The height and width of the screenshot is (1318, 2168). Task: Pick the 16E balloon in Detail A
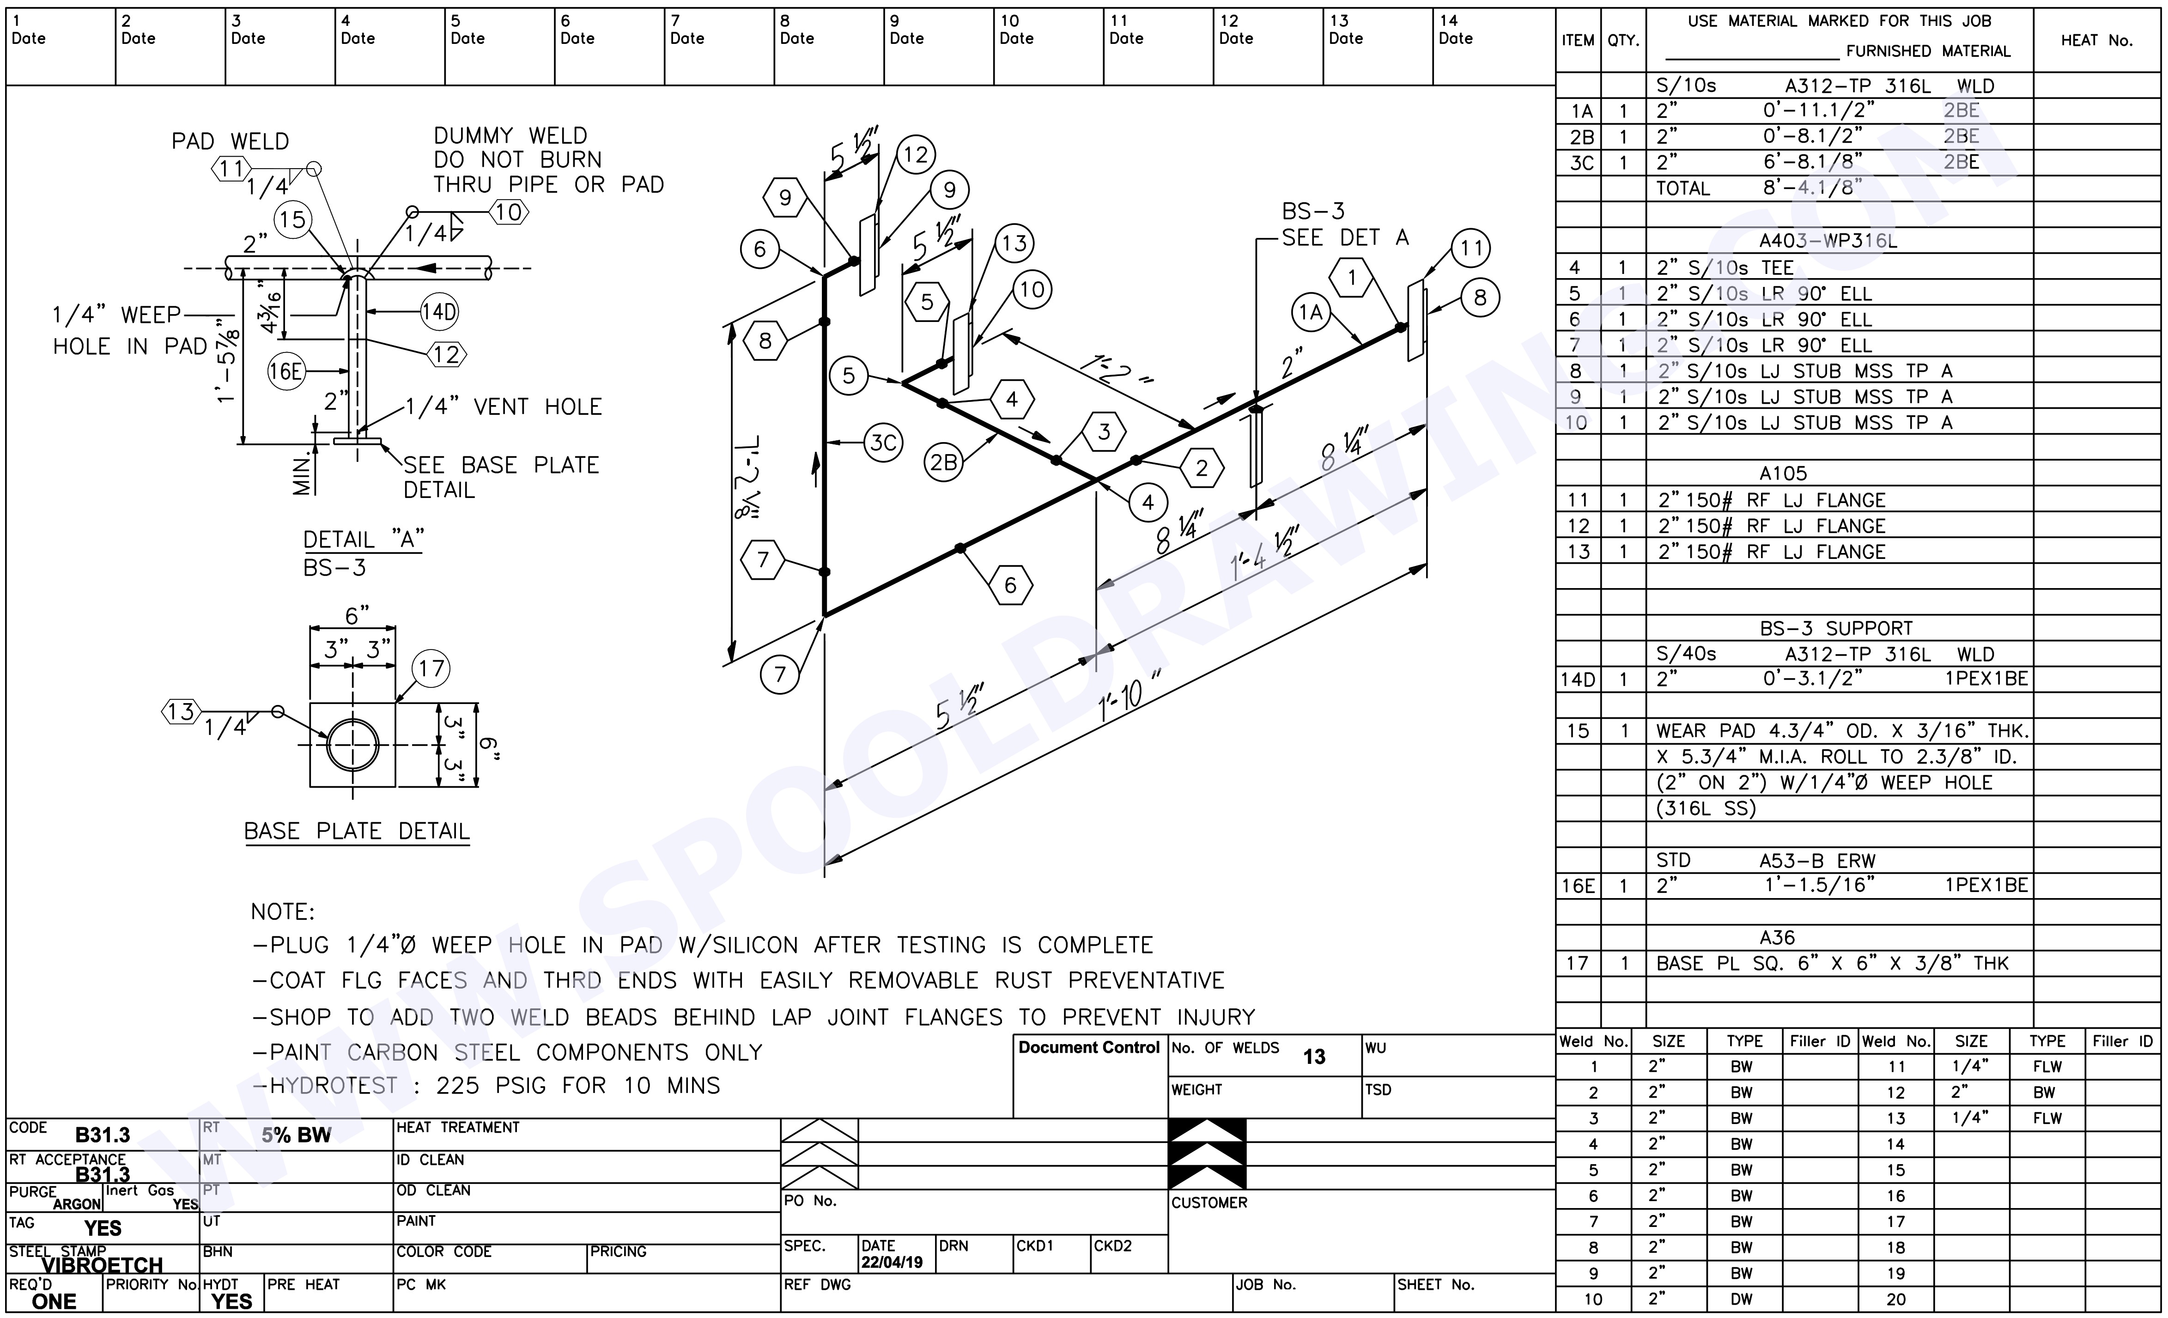(286, 371)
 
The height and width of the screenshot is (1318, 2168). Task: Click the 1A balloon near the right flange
(1311, 312)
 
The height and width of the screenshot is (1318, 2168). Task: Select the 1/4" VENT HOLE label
(503, 407)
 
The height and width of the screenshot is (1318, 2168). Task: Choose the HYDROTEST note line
(486, 1086)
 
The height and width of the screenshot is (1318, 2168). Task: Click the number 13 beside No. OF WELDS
(1314, 1057)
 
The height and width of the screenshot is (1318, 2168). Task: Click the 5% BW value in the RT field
(297, 1135)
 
